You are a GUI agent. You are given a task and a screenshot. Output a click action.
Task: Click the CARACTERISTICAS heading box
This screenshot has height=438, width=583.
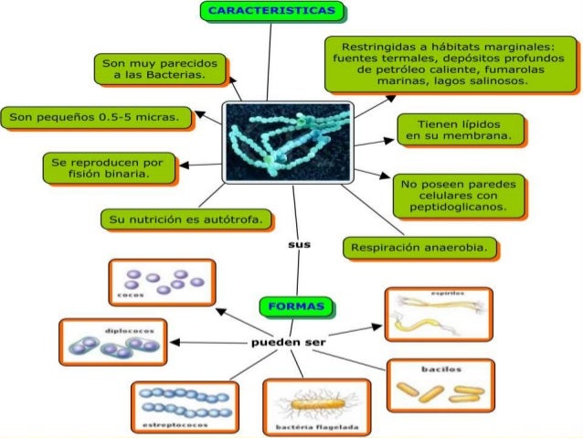[x=272, y=12]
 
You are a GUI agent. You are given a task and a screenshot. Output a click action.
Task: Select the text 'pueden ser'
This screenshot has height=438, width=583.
[x=289, y=342]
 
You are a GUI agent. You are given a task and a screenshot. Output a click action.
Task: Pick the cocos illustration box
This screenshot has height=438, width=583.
[x=161, y=283]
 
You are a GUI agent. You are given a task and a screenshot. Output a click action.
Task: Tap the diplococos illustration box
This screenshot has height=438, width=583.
[x=113, y=342]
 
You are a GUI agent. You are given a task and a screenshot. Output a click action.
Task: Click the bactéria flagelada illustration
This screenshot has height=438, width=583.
[x=317, y=407]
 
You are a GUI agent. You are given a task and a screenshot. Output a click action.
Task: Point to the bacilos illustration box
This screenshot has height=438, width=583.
[x=440, y=385]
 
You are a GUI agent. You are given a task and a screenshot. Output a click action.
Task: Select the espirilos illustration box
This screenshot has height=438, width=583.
[x=438, y=314]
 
